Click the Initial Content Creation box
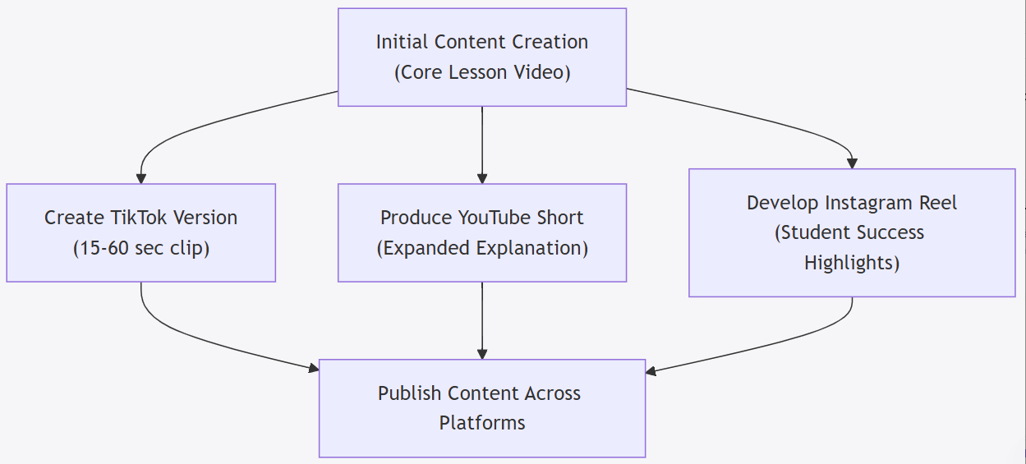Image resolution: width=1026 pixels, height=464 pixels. [482, 57]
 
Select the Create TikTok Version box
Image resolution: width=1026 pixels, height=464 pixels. [140, 232]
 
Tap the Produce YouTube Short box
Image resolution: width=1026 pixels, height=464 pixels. [482, 232]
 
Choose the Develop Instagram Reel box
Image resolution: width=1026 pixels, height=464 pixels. [852, 232]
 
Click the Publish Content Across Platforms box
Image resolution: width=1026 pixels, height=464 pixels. [482, 408]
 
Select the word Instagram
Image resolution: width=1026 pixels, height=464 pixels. [864, 203]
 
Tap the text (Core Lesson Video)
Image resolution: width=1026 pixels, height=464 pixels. [482, 72]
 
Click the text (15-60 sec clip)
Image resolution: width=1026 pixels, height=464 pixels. [140, 248]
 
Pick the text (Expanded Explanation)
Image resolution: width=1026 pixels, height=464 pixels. [482, 248]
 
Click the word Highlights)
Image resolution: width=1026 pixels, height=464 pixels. [852, 263]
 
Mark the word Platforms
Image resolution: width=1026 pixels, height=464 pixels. [482, 424]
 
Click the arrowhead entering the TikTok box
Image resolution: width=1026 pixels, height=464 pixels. [141, 177]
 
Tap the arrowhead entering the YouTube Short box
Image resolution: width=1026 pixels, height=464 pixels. [482, 177]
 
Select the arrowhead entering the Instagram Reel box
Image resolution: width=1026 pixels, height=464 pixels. [852, 163]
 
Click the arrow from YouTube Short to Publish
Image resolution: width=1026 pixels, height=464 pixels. [482, 320]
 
